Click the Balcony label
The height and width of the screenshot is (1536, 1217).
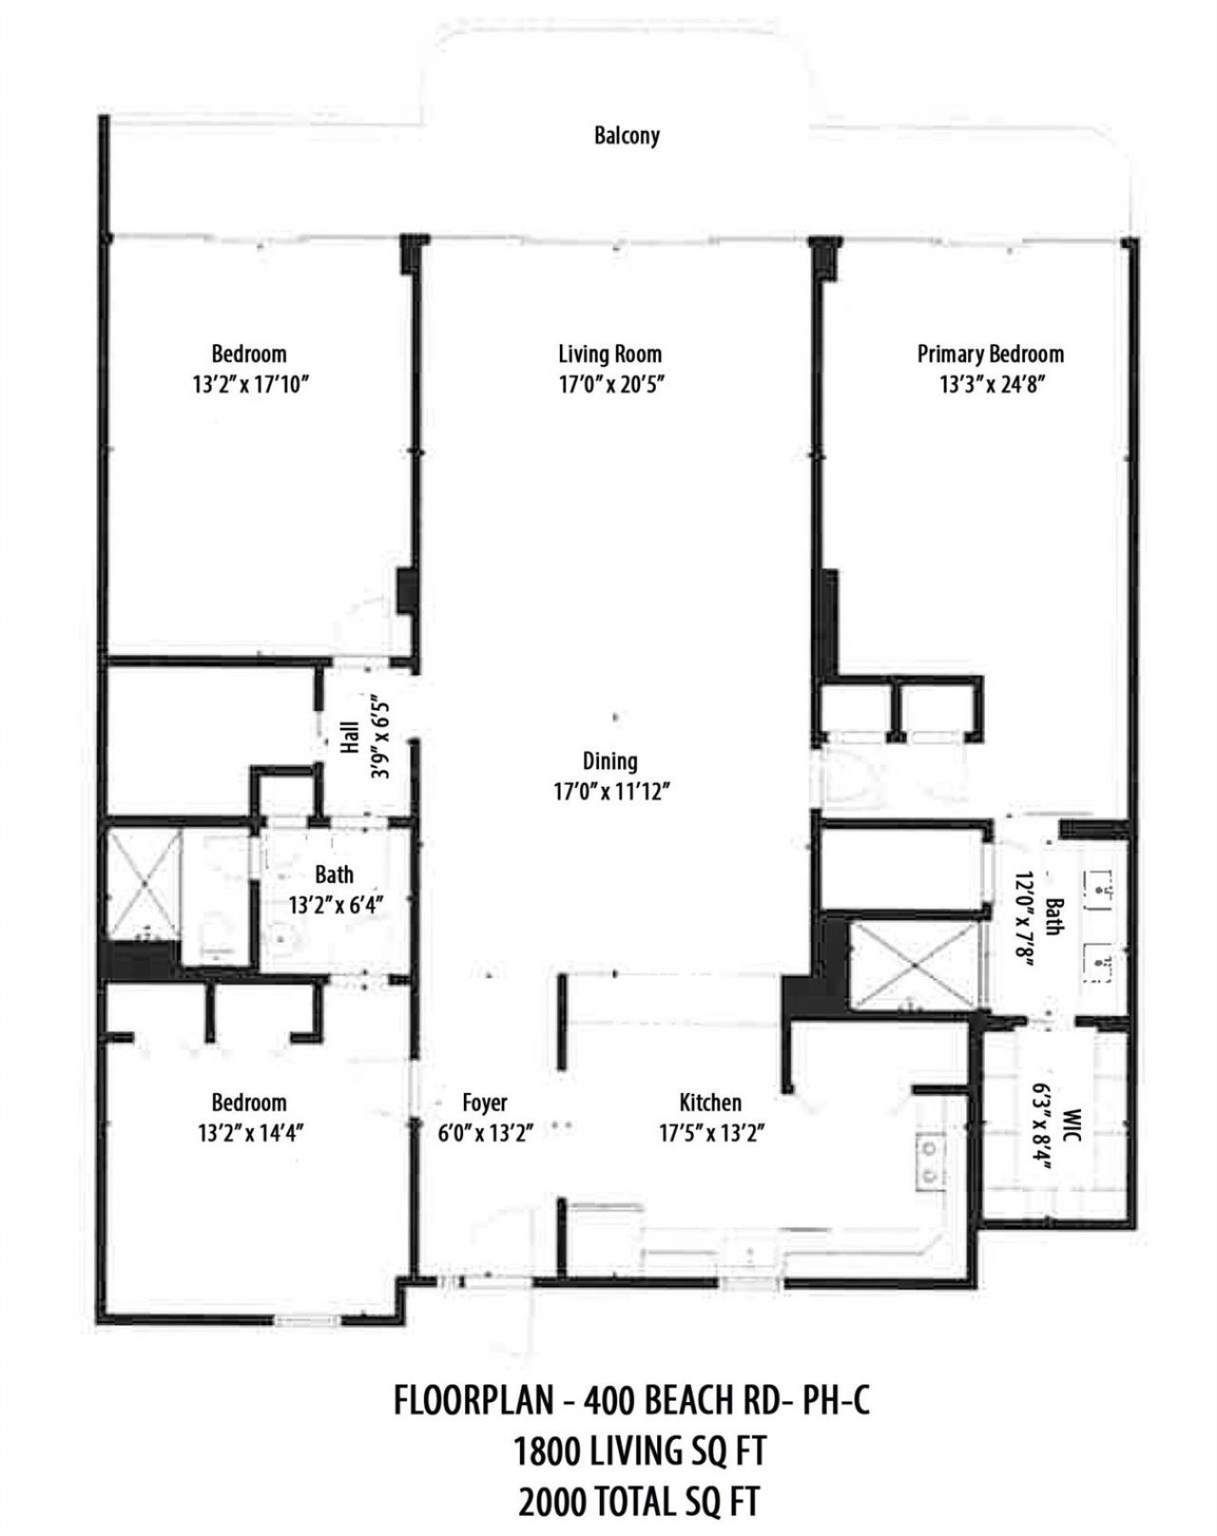(x=627, y=135)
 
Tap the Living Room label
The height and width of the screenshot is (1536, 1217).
(x=609, y=355)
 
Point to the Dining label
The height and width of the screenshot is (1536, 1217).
(x=609, y=761)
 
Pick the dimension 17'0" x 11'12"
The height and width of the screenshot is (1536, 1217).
(x=609, y=791)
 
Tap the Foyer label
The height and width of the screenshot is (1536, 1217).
(x=484, y=1103)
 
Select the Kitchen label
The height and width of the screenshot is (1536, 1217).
(x=709, y=1103)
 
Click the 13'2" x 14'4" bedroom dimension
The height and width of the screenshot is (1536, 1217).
(x=248, y=1132)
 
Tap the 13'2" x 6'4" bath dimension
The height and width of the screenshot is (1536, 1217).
(x=335, y=904)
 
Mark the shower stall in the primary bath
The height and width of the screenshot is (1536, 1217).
(x=913, y=966)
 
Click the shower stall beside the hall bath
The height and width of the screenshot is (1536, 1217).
(x=144, y=884)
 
